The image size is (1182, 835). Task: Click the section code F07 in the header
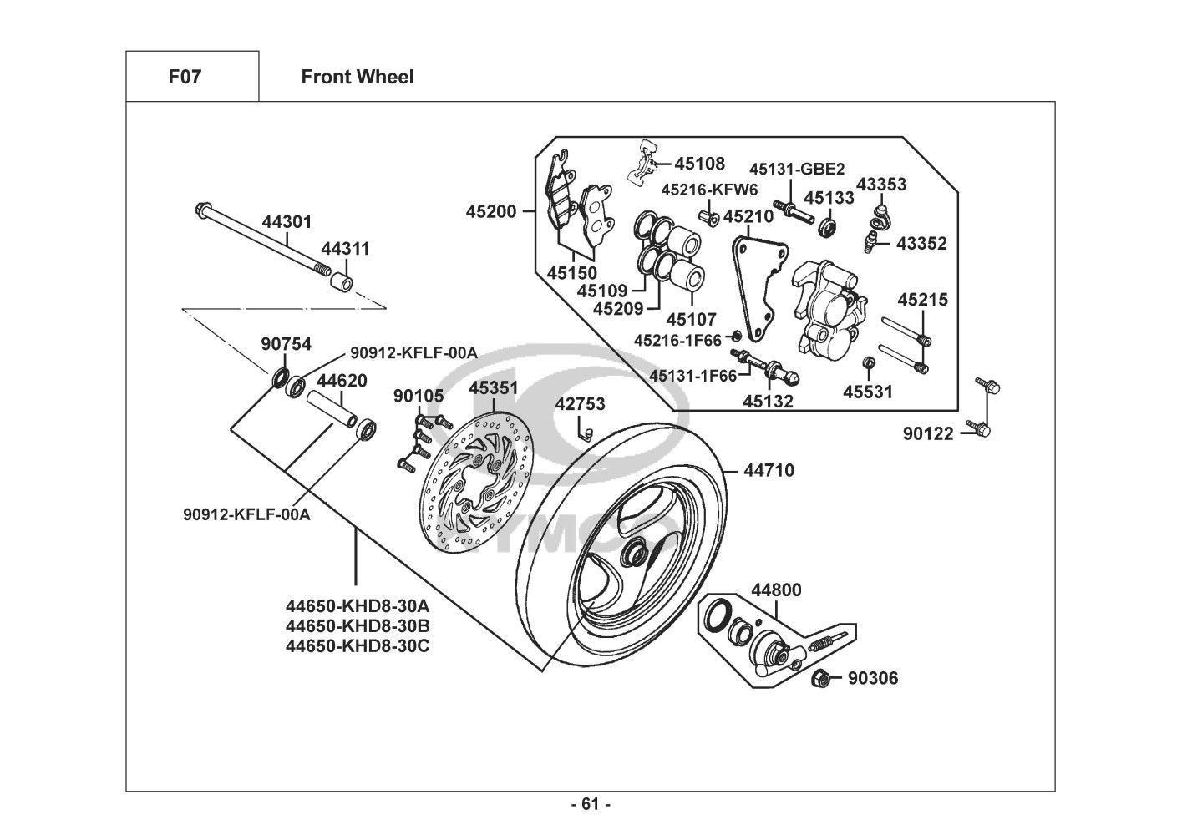pyautogui.click(x=185, y=77)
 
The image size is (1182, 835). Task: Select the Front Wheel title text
pyautogui.click(x=357, y=77)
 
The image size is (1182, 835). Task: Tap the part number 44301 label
pyautogui.click(x=287, y=222)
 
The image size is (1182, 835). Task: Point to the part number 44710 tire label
pyautogui.click(x=769, y=470)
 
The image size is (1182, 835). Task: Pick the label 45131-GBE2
pyautogui.click(x=796, y=169)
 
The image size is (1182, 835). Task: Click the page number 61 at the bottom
pyautogui.click(x=591, y=804)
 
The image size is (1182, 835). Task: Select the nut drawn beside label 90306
pyautogui.click(x=820, y=679)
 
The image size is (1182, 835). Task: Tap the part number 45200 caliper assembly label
pyautogui.click(x=491, y=212)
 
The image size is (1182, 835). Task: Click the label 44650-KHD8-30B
pyautogui.click(x=358, y=625)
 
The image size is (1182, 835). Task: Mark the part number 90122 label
pyautogui.click(x=928, y=433)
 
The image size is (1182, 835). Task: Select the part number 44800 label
pyautogui.click(x=776, y=590)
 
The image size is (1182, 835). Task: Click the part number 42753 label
pyautogui.click(x=580, y=404)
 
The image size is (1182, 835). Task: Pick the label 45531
pyautogui.click(x=867, y=392)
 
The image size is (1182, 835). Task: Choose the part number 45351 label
pyautogui.click(x=493, y=388)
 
